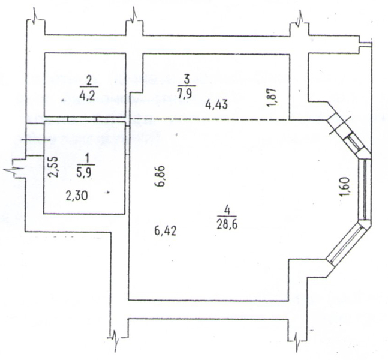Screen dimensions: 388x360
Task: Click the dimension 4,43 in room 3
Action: [x=216, y=105]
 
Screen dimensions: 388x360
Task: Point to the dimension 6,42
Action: [x=166, y=231]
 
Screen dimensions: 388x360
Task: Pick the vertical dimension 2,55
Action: [x=53, y=167]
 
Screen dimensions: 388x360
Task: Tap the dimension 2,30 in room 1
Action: [x=77, y=196]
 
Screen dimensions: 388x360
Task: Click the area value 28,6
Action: [x=227, y=225]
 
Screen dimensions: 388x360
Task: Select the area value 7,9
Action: [x=187, y=94]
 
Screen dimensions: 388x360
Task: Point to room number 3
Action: [x=187, y=80]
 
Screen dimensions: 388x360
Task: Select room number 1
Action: [x=85, y=159]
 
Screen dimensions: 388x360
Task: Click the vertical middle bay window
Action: [x=365, y=190]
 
